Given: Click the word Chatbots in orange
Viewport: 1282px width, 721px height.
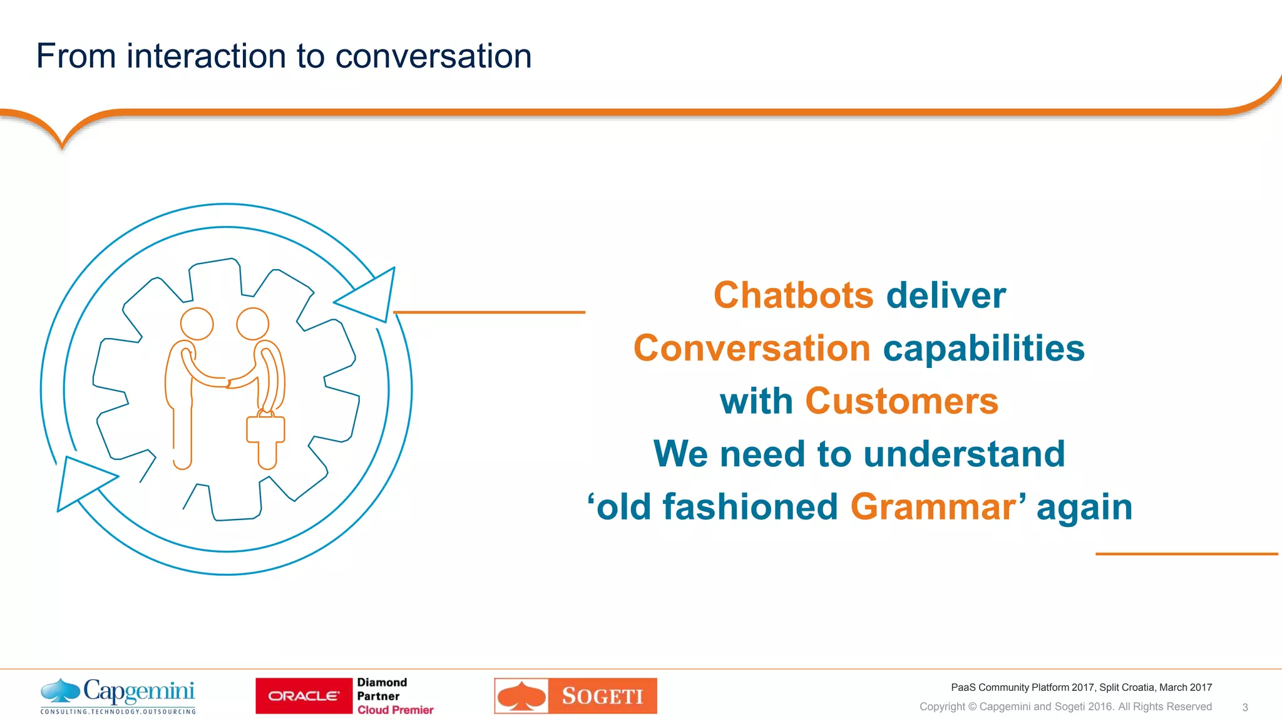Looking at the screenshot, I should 793,295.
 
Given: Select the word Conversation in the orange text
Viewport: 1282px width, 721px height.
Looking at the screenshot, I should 752,348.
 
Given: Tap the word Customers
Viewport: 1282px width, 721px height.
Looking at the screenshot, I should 901,401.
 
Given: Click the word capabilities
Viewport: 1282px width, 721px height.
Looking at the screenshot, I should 983,348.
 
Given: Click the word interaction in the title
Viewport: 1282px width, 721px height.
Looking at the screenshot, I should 207,56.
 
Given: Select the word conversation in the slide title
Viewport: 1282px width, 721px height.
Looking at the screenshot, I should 433,56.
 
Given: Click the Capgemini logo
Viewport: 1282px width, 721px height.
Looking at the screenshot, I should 118,695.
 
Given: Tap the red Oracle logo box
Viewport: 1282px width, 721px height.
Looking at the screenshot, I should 304,695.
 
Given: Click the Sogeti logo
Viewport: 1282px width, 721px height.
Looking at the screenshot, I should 575,695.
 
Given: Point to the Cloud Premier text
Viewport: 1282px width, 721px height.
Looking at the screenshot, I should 395,710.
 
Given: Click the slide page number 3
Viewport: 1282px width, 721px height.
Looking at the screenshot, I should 1244,707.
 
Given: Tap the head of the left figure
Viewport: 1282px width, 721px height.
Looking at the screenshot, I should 197,324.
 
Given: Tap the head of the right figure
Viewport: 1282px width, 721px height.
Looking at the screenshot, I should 252,324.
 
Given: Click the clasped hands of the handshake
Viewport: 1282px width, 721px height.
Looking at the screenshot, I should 228,381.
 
